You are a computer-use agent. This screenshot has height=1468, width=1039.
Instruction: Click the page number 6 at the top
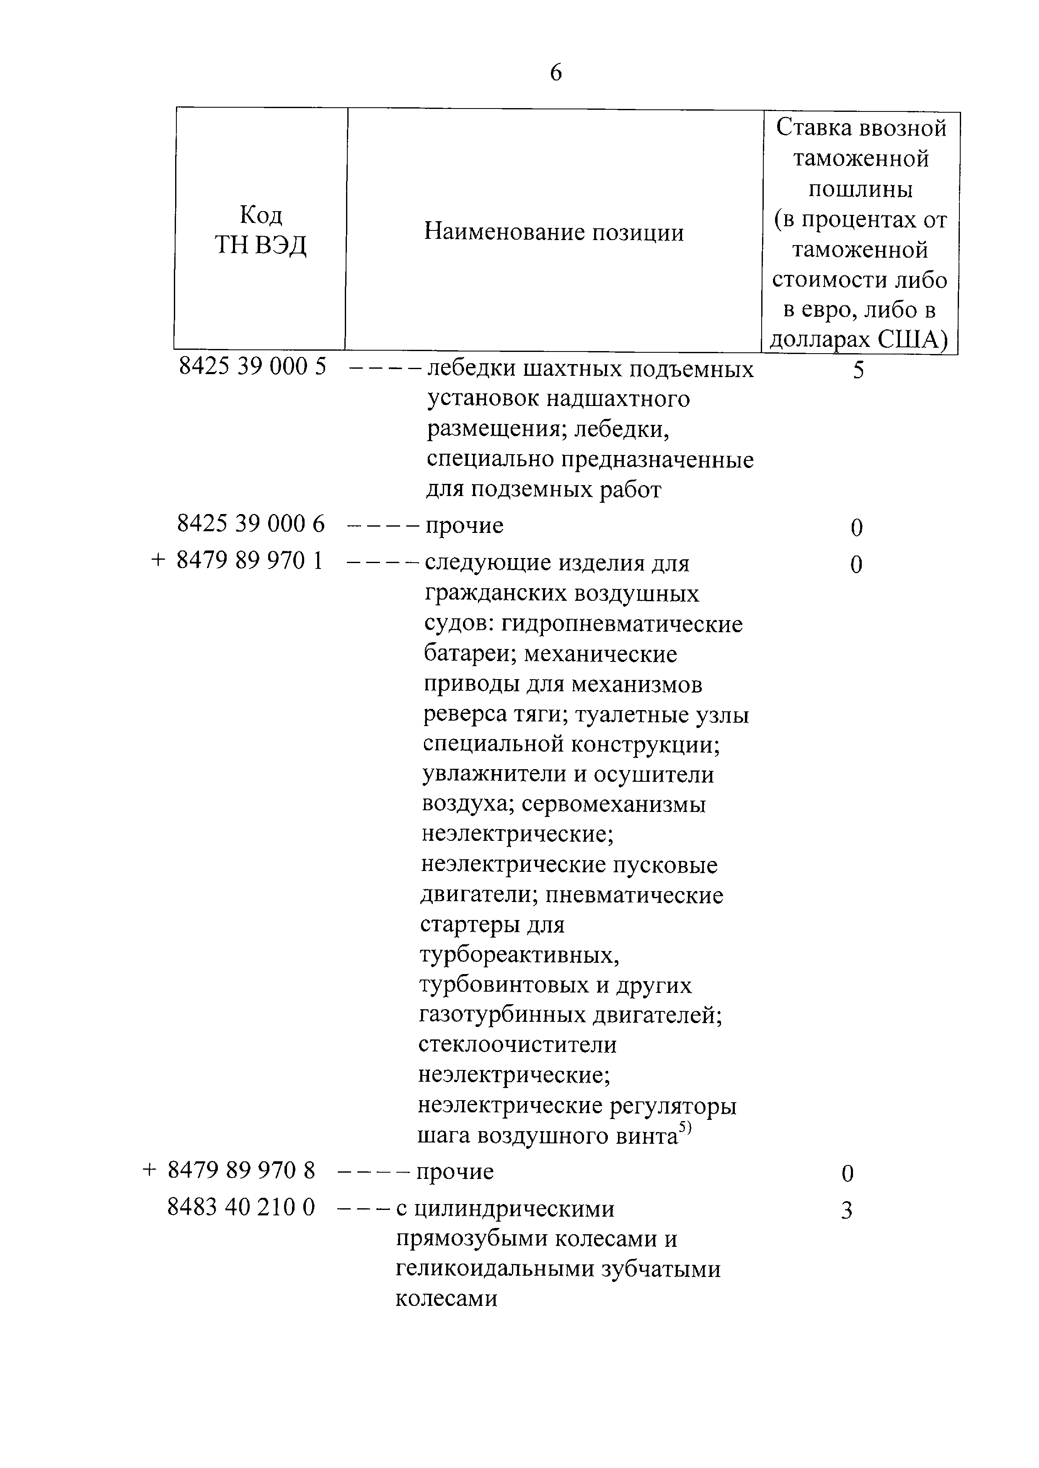point(556,73)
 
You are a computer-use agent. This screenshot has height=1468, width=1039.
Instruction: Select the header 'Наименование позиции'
point(554,232)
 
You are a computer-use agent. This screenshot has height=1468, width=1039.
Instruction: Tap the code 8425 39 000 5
point(252,367)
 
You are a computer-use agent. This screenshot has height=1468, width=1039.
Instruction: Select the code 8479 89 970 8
point(241,1171)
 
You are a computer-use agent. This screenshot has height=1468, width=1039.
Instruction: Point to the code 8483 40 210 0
point(241,1207)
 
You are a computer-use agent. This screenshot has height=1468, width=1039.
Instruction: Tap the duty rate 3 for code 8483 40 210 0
point(846,1211)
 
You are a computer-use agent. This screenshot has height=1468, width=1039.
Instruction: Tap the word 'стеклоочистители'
point(517,1044)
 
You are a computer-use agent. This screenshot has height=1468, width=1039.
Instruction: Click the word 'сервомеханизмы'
point(613,804)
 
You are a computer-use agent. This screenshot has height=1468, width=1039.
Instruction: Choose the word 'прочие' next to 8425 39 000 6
point(465,525)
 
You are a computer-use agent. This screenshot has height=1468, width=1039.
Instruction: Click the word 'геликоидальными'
point(493,1270)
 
